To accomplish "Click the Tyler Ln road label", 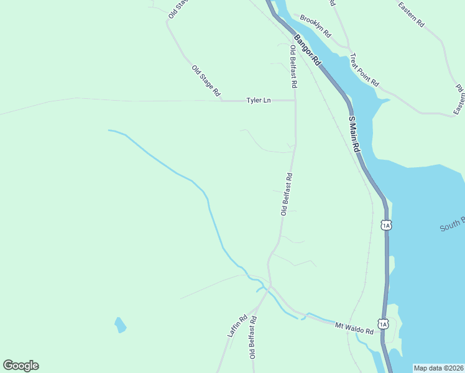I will pos(259,100).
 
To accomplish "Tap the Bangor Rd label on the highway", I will pos(307,50).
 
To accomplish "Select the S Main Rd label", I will pos(354,134).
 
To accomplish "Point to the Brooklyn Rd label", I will pos(315,25).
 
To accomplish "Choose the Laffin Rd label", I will pos(237,326).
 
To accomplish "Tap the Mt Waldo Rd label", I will pos(354,328).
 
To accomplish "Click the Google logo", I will pos(21,366).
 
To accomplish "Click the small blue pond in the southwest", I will pos(120,325).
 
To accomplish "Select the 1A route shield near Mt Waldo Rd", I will pos(384,323).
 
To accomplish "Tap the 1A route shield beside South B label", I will pos(386,224).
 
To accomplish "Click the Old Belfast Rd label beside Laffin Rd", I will pos(253,338).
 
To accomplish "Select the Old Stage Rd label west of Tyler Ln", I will pos(206,80).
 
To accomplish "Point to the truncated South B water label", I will pos(452,224).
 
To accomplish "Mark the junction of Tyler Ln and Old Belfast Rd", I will pos(295,100).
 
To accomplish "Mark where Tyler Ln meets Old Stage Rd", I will pos(222,100).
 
